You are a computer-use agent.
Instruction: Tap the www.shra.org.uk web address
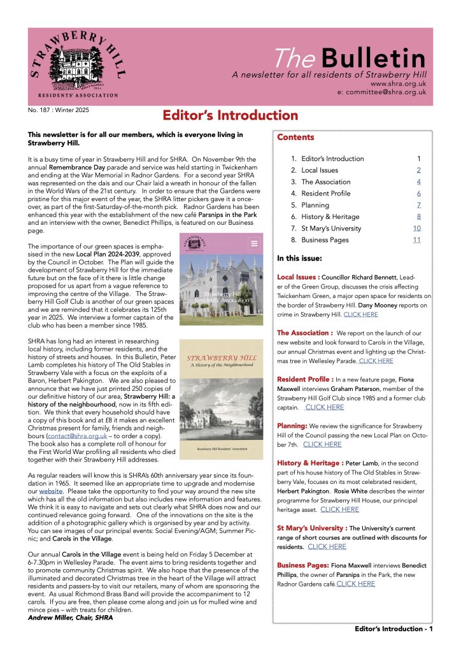(397, 83)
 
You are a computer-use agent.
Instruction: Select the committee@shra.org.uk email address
(381, 92)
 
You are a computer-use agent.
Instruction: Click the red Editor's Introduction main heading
(230, 116)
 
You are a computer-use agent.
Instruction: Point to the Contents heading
(295, 138)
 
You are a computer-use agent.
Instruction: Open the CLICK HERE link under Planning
(322, 444)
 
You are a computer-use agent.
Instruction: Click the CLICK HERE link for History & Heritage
(339, 509)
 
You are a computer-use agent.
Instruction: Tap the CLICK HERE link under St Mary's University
(327, 546)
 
